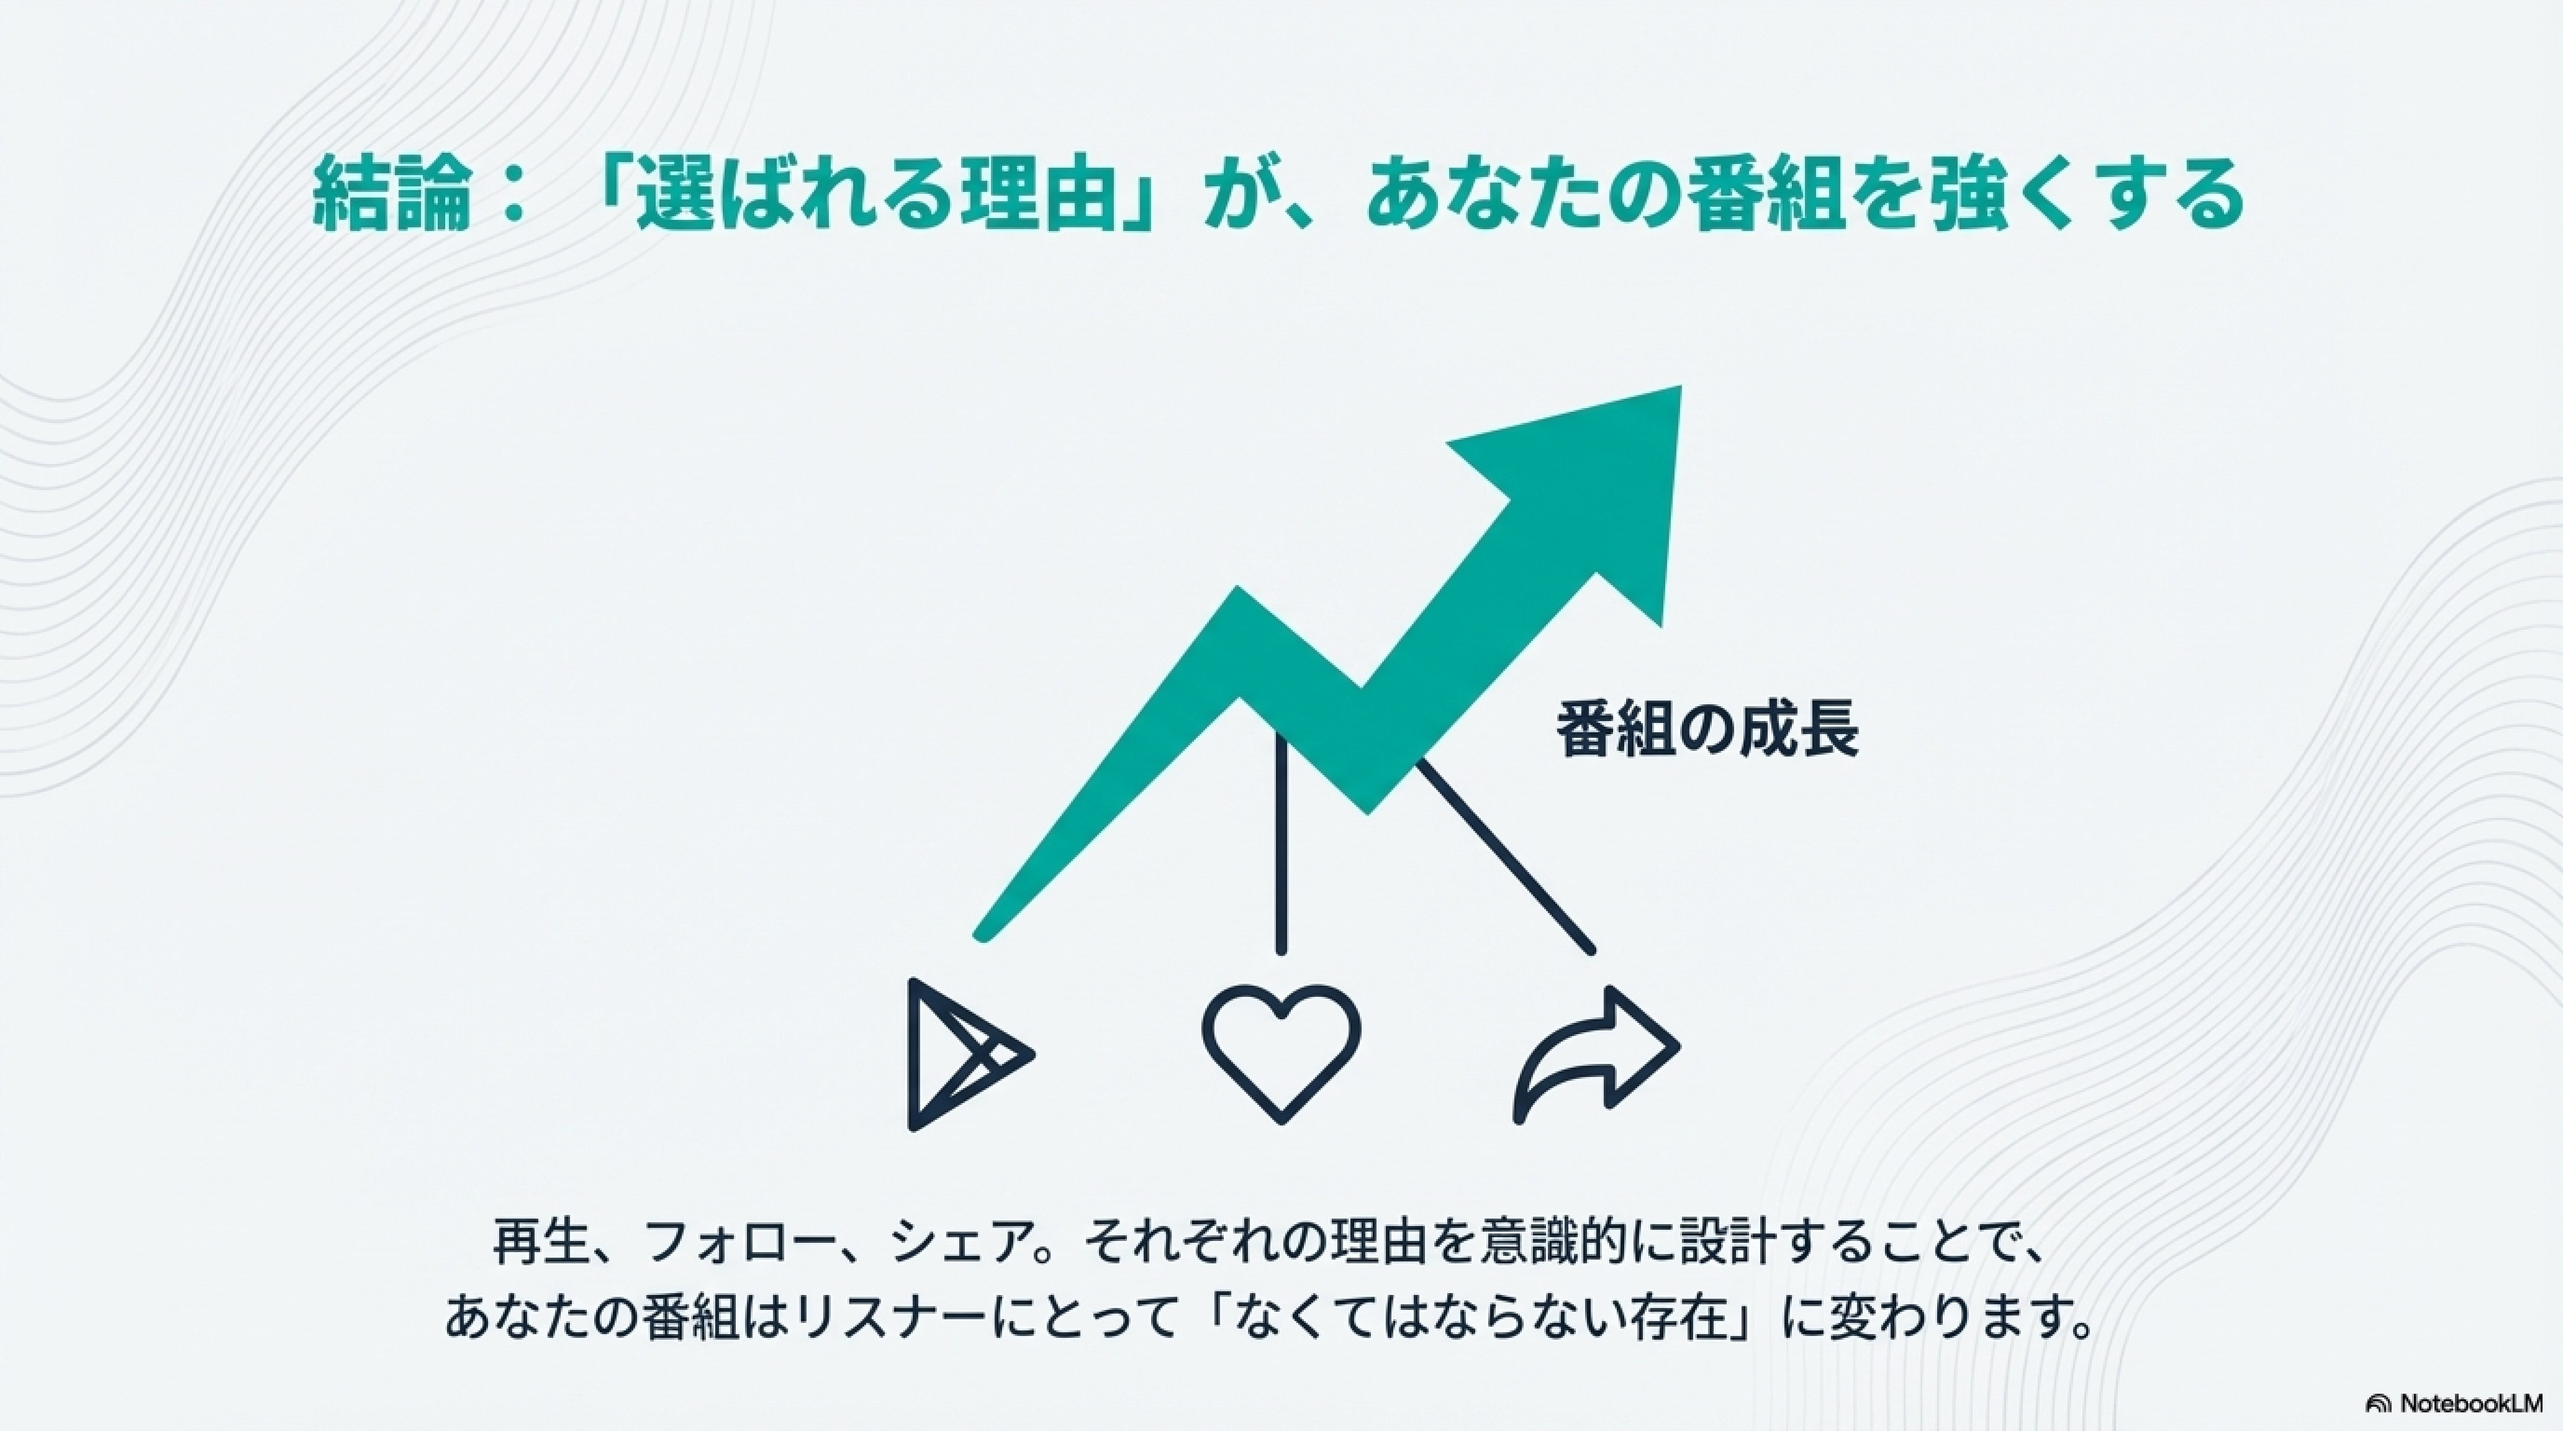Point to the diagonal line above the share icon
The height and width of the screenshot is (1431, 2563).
coord(1503,856)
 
